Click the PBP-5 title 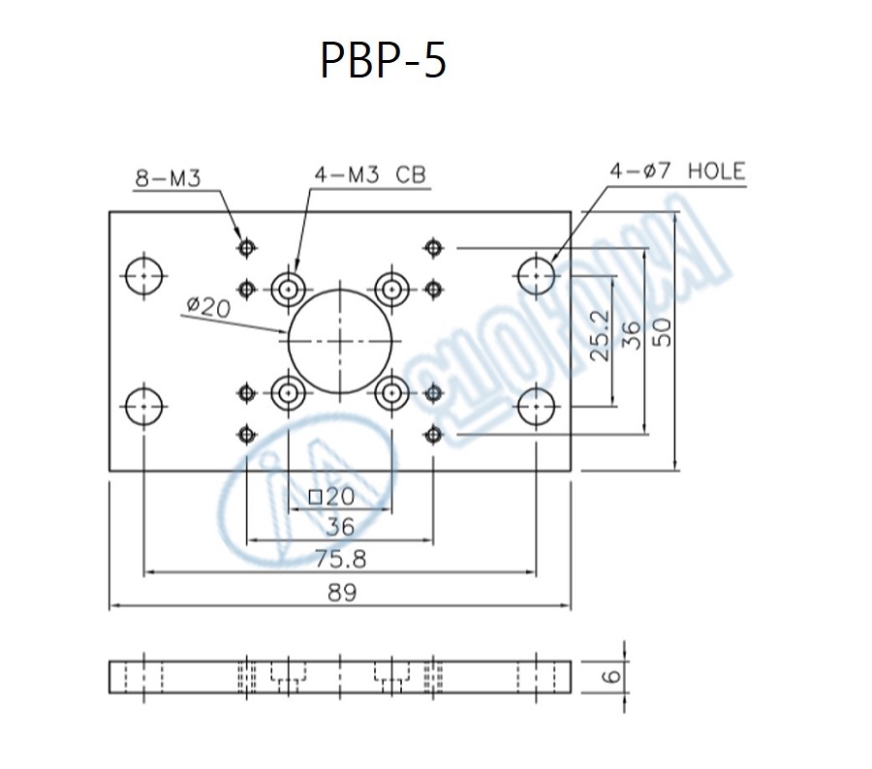point(384,62)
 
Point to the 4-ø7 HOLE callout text point(677,172)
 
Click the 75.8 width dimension point(339,559)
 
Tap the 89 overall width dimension point(339,593)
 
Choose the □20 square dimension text point(332,498)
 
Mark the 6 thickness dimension point(609,675)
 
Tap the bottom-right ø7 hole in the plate point(536,407)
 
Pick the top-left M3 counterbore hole point(288,288)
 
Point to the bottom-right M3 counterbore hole point(391,393)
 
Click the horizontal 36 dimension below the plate point(339,527)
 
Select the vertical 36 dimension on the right point(630,334)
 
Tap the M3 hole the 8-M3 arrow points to point(247,248)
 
